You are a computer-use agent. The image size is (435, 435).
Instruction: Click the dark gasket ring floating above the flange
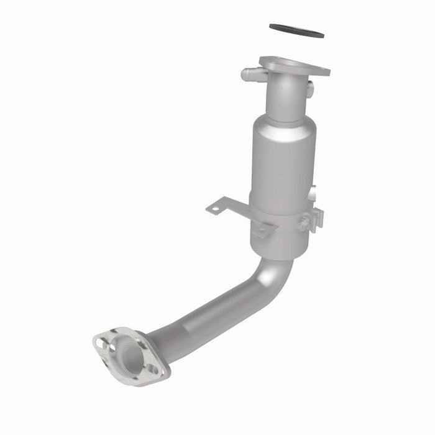[296, 30]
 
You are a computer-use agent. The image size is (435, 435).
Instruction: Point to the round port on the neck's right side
[309, 89]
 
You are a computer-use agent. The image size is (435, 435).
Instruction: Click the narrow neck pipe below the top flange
[285, 96]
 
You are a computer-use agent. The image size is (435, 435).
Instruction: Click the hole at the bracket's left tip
[215, 209]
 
